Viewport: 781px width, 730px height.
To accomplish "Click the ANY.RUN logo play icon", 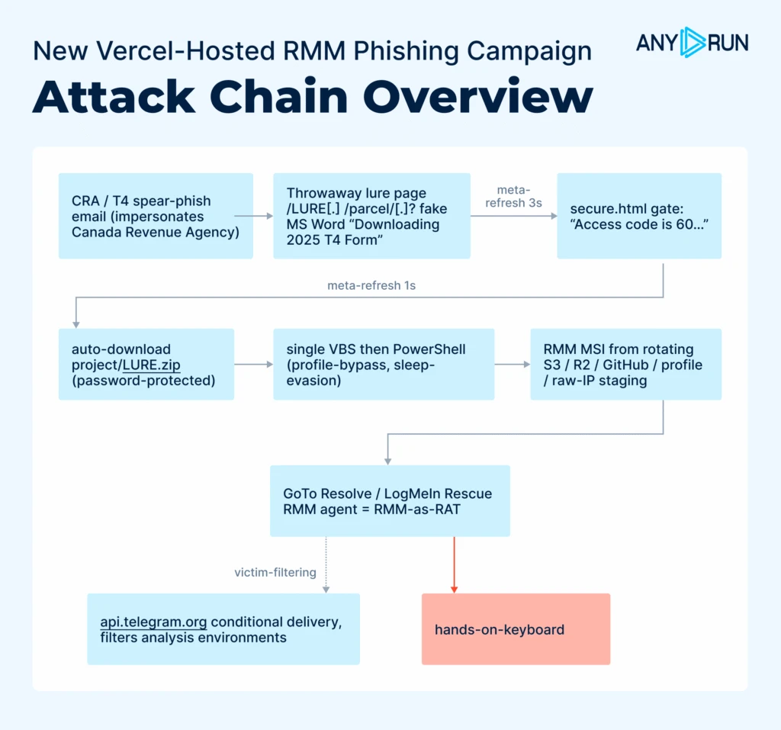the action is pos(693,43).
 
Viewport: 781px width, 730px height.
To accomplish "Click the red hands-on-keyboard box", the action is pos(516,629).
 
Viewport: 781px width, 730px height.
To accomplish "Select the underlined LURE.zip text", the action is pos(152,365).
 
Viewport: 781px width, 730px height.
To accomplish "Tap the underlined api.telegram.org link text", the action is pos(153,622).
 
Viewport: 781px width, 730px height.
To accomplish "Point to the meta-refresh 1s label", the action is pos(371,285).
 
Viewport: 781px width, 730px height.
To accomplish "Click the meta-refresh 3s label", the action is pos(513,196).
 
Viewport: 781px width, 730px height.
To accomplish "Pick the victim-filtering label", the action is pos(275,573).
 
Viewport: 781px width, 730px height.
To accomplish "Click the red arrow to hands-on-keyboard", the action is pos(454,565).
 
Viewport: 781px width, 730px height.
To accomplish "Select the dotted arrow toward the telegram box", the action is pos(326,565).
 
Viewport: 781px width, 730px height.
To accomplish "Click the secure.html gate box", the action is pos(639,216).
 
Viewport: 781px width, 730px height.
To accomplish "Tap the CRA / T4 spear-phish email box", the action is pos(156,216).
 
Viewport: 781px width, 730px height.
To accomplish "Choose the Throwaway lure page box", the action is pos(371,216).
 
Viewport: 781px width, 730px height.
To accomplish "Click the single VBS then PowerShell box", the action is pos(384,365).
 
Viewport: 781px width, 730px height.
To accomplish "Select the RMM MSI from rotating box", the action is pos(626,365).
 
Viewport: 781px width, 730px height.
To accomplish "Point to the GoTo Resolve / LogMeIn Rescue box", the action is pos(390,501).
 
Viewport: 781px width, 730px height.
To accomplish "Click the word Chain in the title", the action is pos(279,96).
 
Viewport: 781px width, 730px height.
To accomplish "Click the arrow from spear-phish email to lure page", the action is pos(253,216).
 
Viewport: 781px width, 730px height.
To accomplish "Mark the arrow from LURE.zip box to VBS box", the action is pos(253,365).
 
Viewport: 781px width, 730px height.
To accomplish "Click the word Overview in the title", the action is pos(478,96).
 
